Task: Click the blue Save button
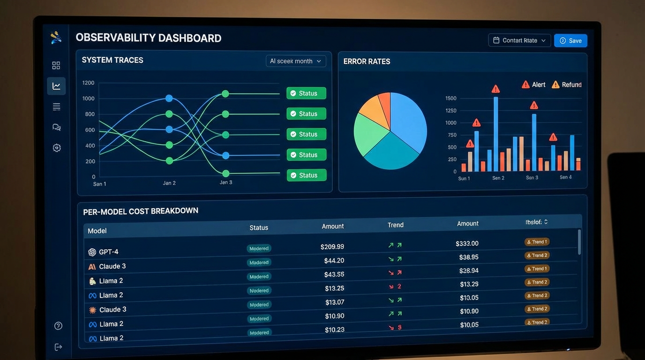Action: pyautogui.click(x=570, y=41)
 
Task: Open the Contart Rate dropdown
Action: pyautogui.click(x=519, y=40)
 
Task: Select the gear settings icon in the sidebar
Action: pyautogui.click(x=57, y=148)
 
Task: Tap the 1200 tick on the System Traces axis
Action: pyautogui.click(x=88, y=83)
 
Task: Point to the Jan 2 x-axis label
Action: pyautogui.click(x=169, y=183)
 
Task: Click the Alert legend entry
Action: pyautogui.click(x=533, y=85)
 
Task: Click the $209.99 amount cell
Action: pyautogui.click(x=332, y=247)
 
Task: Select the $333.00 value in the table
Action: pyautogui.click(x=467, y=244)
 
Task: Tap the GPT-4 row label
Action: pyautogui.click(x=108, y=252)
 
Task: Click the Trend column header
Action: pyautogui.click(x=396, y=225)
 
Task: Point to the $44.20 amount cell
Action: pyautogui.click(x=334, y=261)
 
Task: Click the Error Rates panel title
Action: pyautogui.click(x=367, y=61)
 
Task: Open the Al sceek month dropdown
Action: pyautogui.click(x=296, y=61)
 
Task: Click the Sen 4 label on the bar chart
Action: pyautogui.click(x=566, y=177)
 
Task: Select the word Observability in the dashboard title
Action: pyautogui.click(x=115, y=38)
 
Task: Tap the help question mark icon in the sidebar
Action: pyautogui.click(x=58, y=326)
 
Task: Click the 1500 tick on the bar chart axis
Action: pyautogui.click(x=450, y=98)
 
